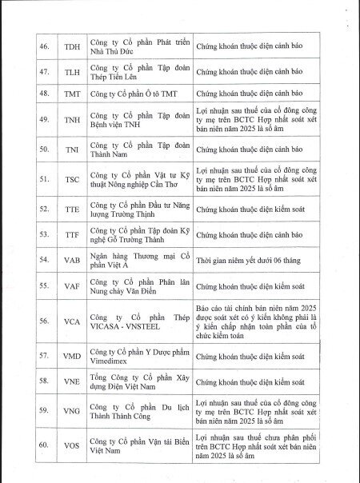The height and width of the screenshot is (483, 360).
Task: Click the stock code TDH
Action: coord(72,46)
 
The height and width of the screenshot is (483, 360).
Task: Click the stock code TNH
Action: coord(72,118)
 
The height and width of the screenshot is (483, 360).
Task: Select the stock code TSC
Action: coord(72,179)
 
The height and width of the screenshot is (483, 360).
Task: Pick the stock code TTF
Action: coord(72,235)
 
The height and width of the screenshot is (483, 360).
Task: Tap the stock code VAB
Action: coord(72,261)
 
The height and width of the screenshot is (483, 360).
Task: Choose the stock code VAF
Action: coord(72,285)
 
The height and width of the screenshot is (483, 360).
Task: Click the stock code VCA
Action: coord(72,321)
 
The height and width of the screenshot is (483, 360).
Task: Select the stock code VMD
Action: coord(72,355)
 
